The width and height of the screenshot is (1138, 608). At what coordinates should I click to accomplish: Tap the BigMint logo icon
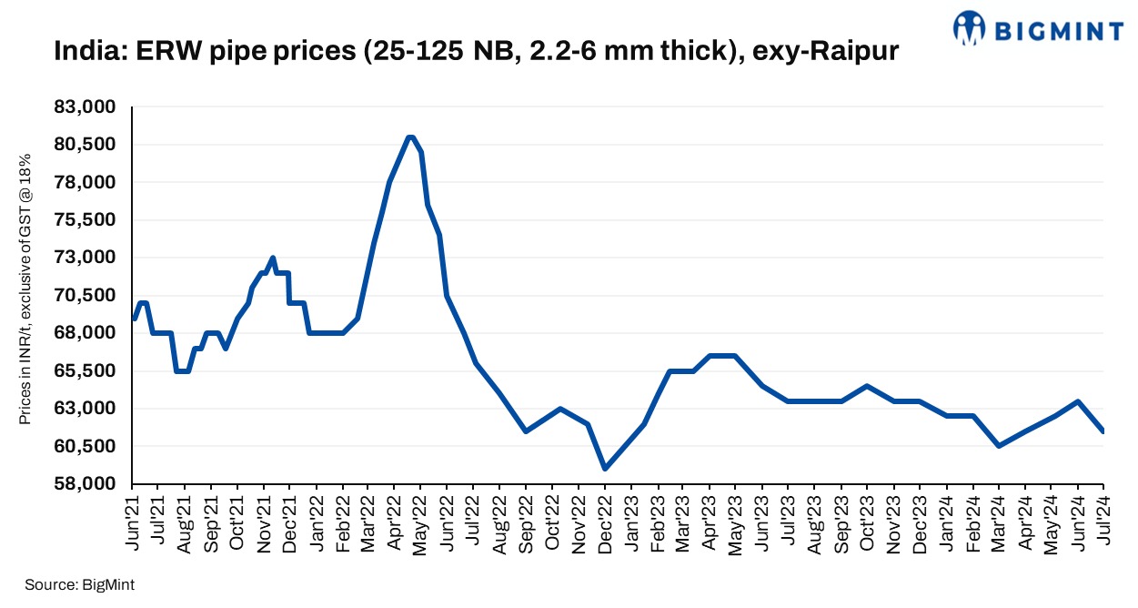(x=969, y=28)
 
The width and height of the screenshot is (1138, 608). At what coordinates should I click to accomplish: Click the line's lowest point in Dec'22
(x=604, y=469)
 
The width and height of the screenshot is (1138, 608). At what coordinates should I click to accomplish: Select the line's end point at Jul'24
(x=1103, y=431)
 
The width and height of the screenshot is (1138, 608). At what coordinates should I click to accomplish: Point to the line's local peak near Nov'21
(x=273, y=258)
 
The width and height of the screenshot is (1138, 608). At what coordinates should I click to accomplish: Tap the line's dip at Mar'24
(x=999, y=446)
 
